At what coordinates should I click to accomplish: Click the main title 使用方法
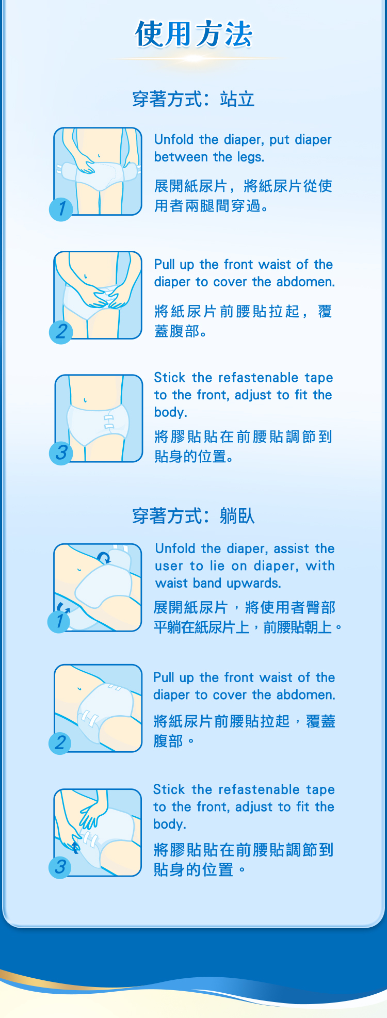point(193,35)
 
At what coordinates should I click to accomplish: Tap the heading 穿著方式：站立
point(193,99)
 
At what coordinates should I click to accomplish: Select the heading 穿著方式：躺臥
point(193,515)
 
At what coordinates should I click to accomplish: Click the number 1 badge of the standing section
point(61,209)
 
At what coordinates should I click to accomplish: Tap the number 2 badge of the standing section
point(61,331)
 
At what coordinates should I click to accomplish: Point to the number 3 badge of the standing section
point(61,453)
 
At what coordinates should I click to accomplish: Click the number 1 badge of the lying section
point(60,621)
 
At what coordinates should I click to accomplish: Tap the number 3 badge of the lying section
point(60,867)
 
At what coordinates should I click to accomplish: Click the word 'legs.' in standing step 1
point(250,157)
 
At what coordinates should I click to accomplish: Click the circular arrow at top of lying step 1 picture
point(104,557)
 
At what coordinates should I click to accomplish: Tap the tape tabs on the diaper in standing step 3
point(109,421)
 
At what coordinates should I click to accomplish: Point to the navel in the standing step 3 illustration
point(85,400)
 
